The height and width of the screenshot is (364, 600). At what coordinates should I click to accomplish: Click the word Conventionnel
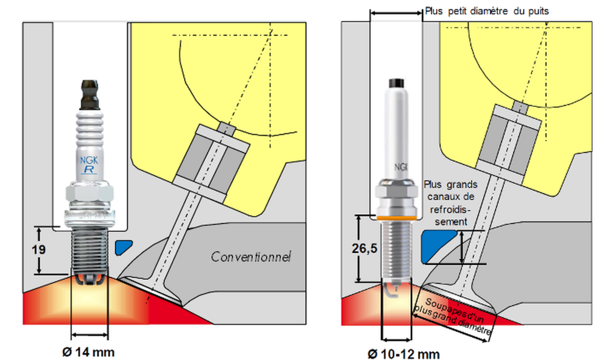(x=251, y=257)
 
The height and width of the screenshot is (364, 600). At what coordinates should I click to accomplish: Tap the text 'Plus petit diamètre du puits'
(x=486, y=11)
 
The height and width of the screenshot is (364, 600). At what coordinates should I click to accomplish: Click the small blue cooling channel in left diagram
(x=124, y=246)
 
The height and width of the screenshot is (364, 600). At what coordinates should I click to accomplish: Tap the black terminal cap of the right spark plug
(x=395, y=82)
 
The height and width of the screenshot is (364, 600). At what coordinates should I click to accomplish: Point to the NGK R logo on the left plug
(x=89, y=165)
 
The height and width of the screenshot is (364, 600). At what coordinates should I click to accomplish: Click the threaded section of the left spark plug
(x=89, y=252)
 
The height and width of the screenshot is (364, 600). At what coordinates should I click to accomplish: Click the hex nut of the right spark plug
(x=395, y=192)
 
